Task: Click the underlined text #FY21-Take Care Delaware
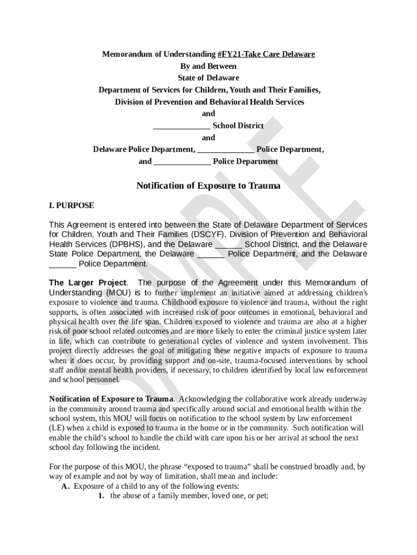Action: coord(266,54)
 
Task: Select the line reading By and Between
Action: coord(208,66)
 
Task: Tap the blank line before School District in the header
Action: coord(182,126)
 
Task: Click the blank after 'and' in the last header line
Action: coord(183,162)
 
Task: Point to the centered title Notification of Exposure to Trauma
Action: coord(208,186)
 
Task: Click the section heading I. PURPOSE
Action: coord(71,205)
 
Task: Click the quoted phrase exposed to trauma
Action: coord(225,467)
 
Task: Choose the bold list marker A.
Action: coord(66,486)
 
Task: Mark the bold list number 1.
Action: coord(101,496)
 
